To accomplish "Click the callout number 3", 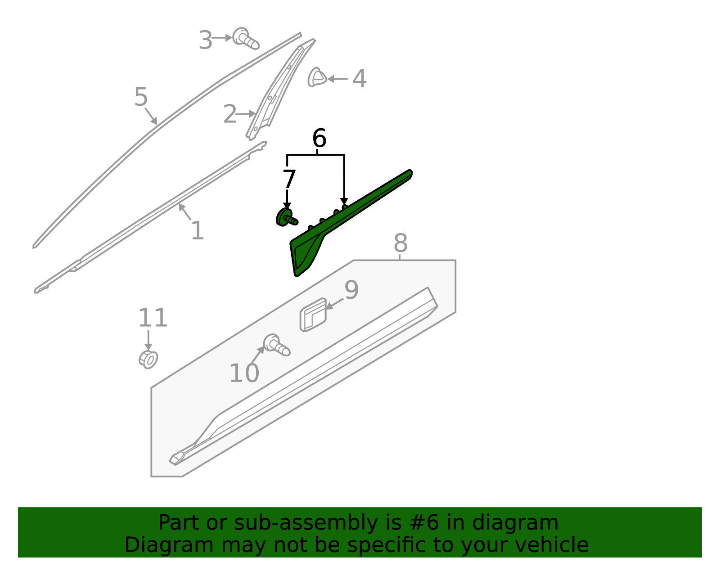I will [x=206, y=40].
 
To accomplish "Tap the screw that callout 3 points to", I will [x=245, y=39].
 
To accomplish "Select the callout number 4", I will [x=359, y=79].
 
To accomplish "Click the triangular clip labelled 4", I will [x=316, y=78].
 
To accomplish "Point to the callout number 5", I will [x=141, y=97].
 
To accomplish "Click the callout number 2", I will [x=229, y=114].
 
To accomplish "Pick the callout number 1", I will [x=197, y=231].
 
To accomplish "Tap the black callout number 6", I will [x=319, y=139].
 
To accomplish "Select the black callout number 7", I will [x=289, y=180].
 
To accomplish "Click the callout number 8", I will [x=400, y=243].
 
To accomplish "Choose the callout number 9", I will [x=351, y=290].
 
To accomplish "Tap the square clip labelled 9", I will [x=313, y=315].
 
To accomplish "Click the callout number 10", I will [x=244, y=373].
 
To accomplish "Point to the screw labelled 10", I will [x=277, y=346].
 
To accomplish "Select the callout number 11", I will [x=153, y=319].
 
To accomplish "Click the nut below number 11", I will [x=148, y=359].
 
